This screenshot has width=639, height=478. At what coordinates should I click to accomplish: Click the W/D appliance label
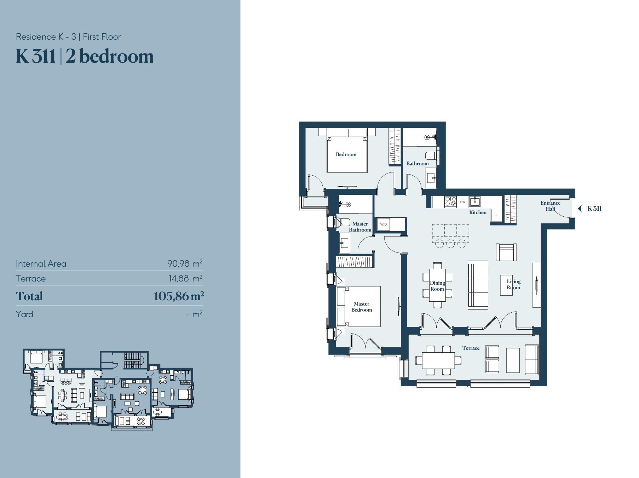coord(383,224)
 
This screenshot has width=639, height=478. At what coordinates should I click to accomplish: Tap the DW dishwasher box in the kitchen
coord(462,202)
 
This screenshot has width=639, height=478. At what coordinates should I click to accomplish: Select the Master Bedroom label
coord(361,307)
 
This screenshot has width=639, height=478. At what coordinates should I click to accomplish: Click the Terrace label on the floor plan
coord(471,348)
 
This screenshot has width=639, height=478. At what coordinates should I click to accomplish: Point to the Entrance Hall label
coord(550,206)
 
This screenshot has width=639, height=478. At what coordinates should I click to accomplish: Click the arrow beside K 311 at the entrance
coord(580,209)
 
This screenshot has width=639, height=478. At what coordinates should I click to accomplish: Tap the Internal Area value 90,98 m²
coord(185,263)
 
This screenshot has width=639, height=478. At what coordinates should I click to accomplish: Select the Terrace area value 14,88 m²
coord(185,278)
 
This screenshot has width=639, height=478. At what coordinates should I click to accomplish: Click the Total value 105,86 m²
coord(179,296)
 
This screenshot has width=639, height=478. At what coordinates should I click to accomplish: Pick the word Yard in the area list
coord(24,314)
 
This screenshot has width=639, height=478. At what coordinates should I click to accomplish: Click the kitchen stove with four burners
coord(450,201)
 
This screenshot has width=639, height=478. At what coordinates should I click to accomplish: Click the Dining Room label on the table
coord(437,286)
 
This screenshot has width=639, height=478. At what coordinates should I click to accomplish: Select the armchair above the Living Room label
coord(506,252)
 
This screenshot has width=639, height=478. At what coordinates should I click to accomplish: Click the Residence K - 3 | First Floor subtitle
coord(68,37)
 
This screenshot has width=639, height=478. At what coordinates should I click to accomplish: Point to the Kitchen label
coord(478,212)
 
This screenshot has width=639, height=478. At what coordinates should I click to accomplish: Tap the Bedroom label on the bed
coord(346,154)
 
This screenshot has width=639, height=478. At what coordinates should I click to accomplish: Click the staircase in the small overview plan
coord(133,360)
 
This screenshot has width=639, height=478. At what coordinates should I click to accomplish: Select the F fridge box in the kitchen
coord(496,215)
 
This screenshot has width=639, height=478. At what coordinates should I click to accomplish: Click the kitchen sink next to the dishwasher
coord(475,202)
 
